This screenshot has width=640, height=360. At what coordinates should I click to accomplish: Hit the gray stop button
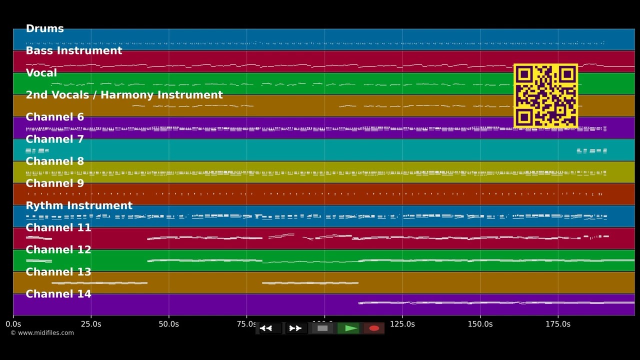[x=322, y=328]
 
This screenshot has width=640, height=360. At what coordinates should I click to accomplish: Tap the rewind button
[x=266, y=328]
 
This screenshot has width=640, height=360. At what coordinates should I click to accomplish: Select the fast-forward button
[x=295, y=328]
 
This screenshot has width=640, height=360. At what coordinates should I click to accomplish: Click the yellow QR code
[x=545, y=96]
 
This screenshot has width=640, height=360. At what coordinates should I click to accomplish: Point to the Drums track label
[x=44, y=29]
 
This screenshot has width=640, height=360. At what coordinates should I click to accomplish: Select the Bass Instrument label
[x=73, y=51]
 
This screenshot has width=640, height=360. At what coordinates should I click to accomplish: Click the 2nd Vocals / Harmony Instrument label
[x=124, y=95]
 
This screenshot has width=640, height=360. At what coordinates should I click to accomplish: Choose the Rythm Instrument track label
[x=78, y=206]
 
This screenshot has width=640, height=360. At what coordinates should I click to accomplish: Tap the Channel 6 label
[x=54, y=117]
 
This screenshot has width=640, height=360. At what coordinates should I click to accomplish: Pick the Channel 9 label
[x=54, y=183]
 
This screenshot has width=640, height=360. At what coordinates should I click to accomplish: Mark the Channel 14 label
[x=58, y=294]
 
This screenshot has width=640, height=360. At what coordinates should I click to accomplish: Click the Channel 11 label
[x=58, y=228]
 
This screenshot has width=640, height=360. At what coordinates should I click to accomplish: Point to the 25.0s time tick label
[x=90, y=324]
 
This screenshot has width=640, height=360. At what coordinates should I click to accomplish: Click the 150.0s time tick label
[x=480, y=324]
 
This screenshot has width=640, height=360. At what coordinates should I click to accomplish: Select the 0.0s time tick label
[x=13, y=324]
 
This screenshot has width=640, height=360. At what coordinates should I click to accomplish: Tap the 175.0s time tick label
[x=558, y=324]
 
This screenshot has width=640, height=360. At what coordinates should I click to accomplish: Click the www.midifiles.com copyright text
[x=42, y=333]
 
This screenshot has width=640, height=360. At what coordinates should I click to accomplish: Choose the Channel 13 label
[x=58, y=272]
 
